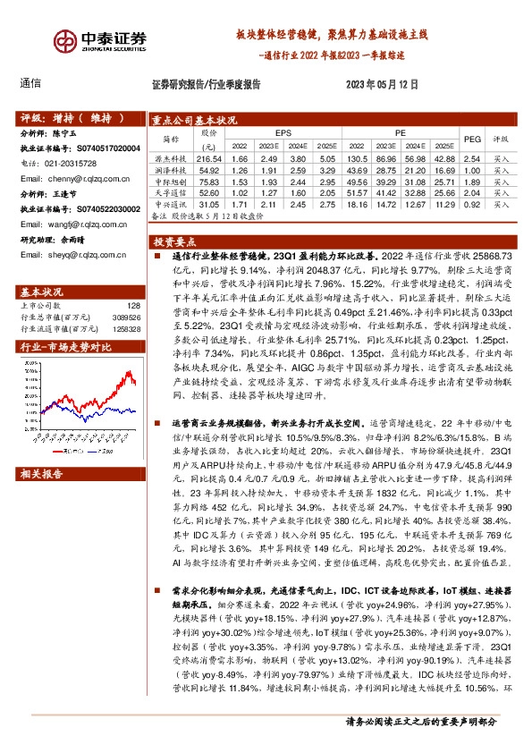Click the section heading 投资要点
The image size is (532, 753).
(x=173, y=241)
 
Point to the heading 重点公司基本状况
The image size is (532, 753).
(x=193, y=118)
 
